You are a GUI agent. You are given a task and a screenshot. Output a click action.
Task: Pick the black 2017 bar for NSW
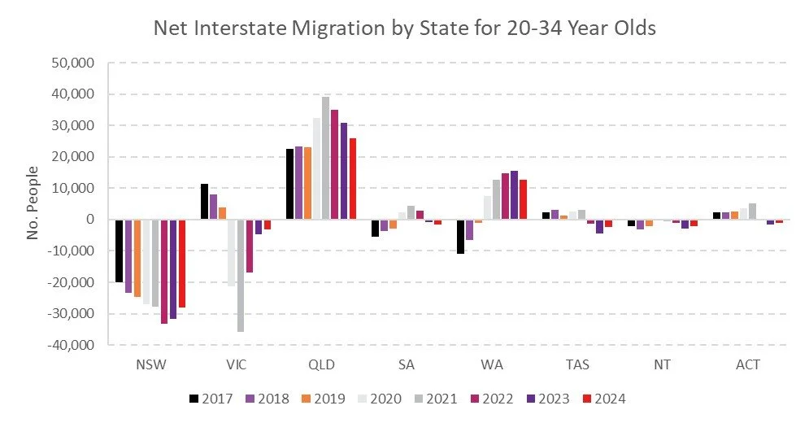tap(119, 251)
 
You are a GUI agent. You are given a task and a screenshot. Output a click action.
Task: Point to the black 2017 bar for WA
tap(460, 236)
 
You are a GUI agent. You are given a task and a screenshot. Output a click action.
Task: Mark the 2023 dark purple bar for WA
tap(514, 195)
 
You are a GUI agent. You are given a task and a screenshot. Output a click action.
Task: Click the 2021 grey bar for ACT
tap(752, 211)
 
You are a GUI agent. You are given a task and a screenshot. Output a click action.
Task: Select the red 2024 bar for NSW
tap(182, 264)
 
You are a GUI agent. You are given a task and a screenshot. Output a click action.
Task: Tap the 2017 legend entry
tap(210, 399)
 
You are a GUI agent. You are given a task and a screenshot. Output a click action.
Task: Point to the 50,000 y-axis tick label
tap(74, 63)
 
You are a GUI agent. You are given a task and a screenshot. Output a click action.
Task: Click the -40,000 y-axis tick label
tap(72, 345)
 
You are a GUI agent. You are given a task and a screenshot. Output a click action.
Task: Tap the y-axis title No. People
tap(33, 204)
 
